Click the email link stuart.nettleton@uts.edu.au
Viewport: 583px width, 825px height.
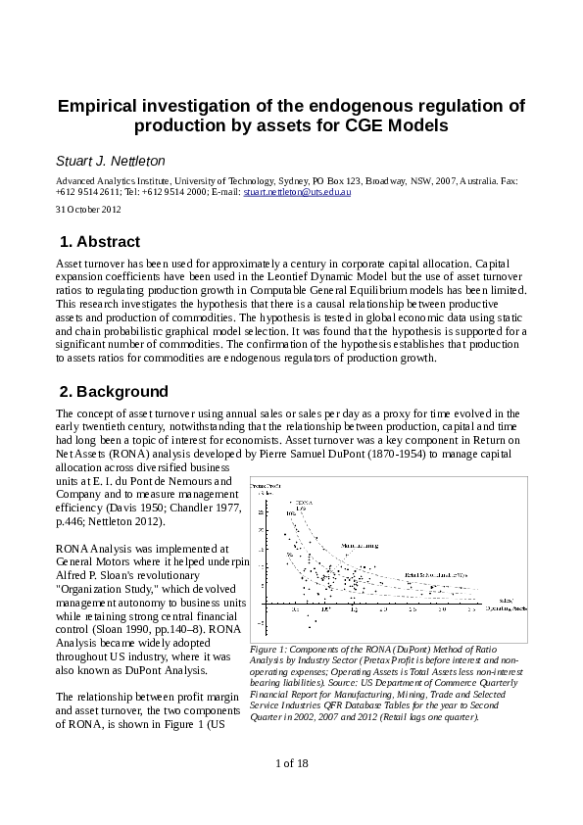point(297,193)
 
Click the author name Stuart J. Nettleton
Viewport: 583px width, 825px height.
point(110,159)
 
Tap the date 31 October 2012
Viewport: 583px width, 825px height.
point(88,210)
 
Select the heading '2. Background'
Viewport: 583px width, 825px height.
point(115,392)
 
